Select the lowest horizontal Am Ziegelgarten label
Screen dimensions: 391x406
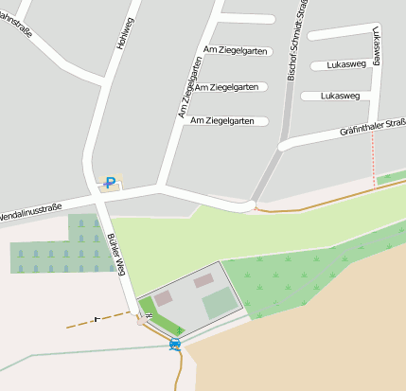click(x=222, y=120)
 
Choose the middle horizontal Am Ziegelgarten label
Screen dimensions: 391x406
click(x=226, y=86)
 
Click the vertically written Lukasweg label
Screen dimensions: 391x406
click(x=378, y=46)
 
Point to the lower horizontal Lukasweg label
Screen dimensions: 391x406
click(x=340, y=96)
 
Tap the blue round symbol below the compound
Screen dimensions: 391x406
click(x=175, y=345)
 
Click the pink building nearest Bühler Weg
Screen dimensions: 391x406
click(x=163, y=298)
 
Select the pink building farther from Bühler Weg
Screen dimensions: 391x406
click(x=203, y=280)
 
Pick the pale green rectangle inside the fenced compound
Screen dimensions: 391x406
click(x=220, y=304)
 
